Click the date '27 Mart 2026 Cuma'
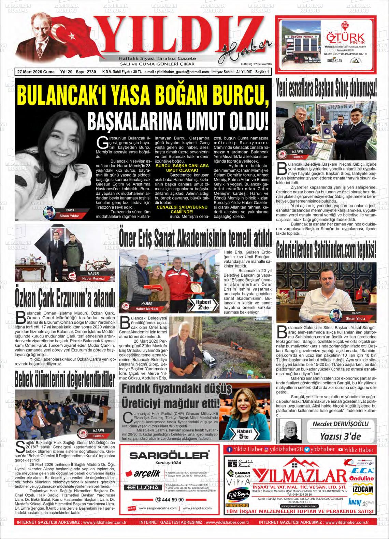tap(36, 72)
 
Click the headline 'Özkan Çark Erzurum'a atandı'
tap(65, 296)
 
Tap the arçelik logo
tap(143, 473)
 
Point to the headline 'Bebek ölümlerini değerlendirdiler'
tap(65, 379)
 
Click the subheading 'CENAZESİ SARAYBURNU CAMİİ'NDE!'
tap(177, 209)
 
